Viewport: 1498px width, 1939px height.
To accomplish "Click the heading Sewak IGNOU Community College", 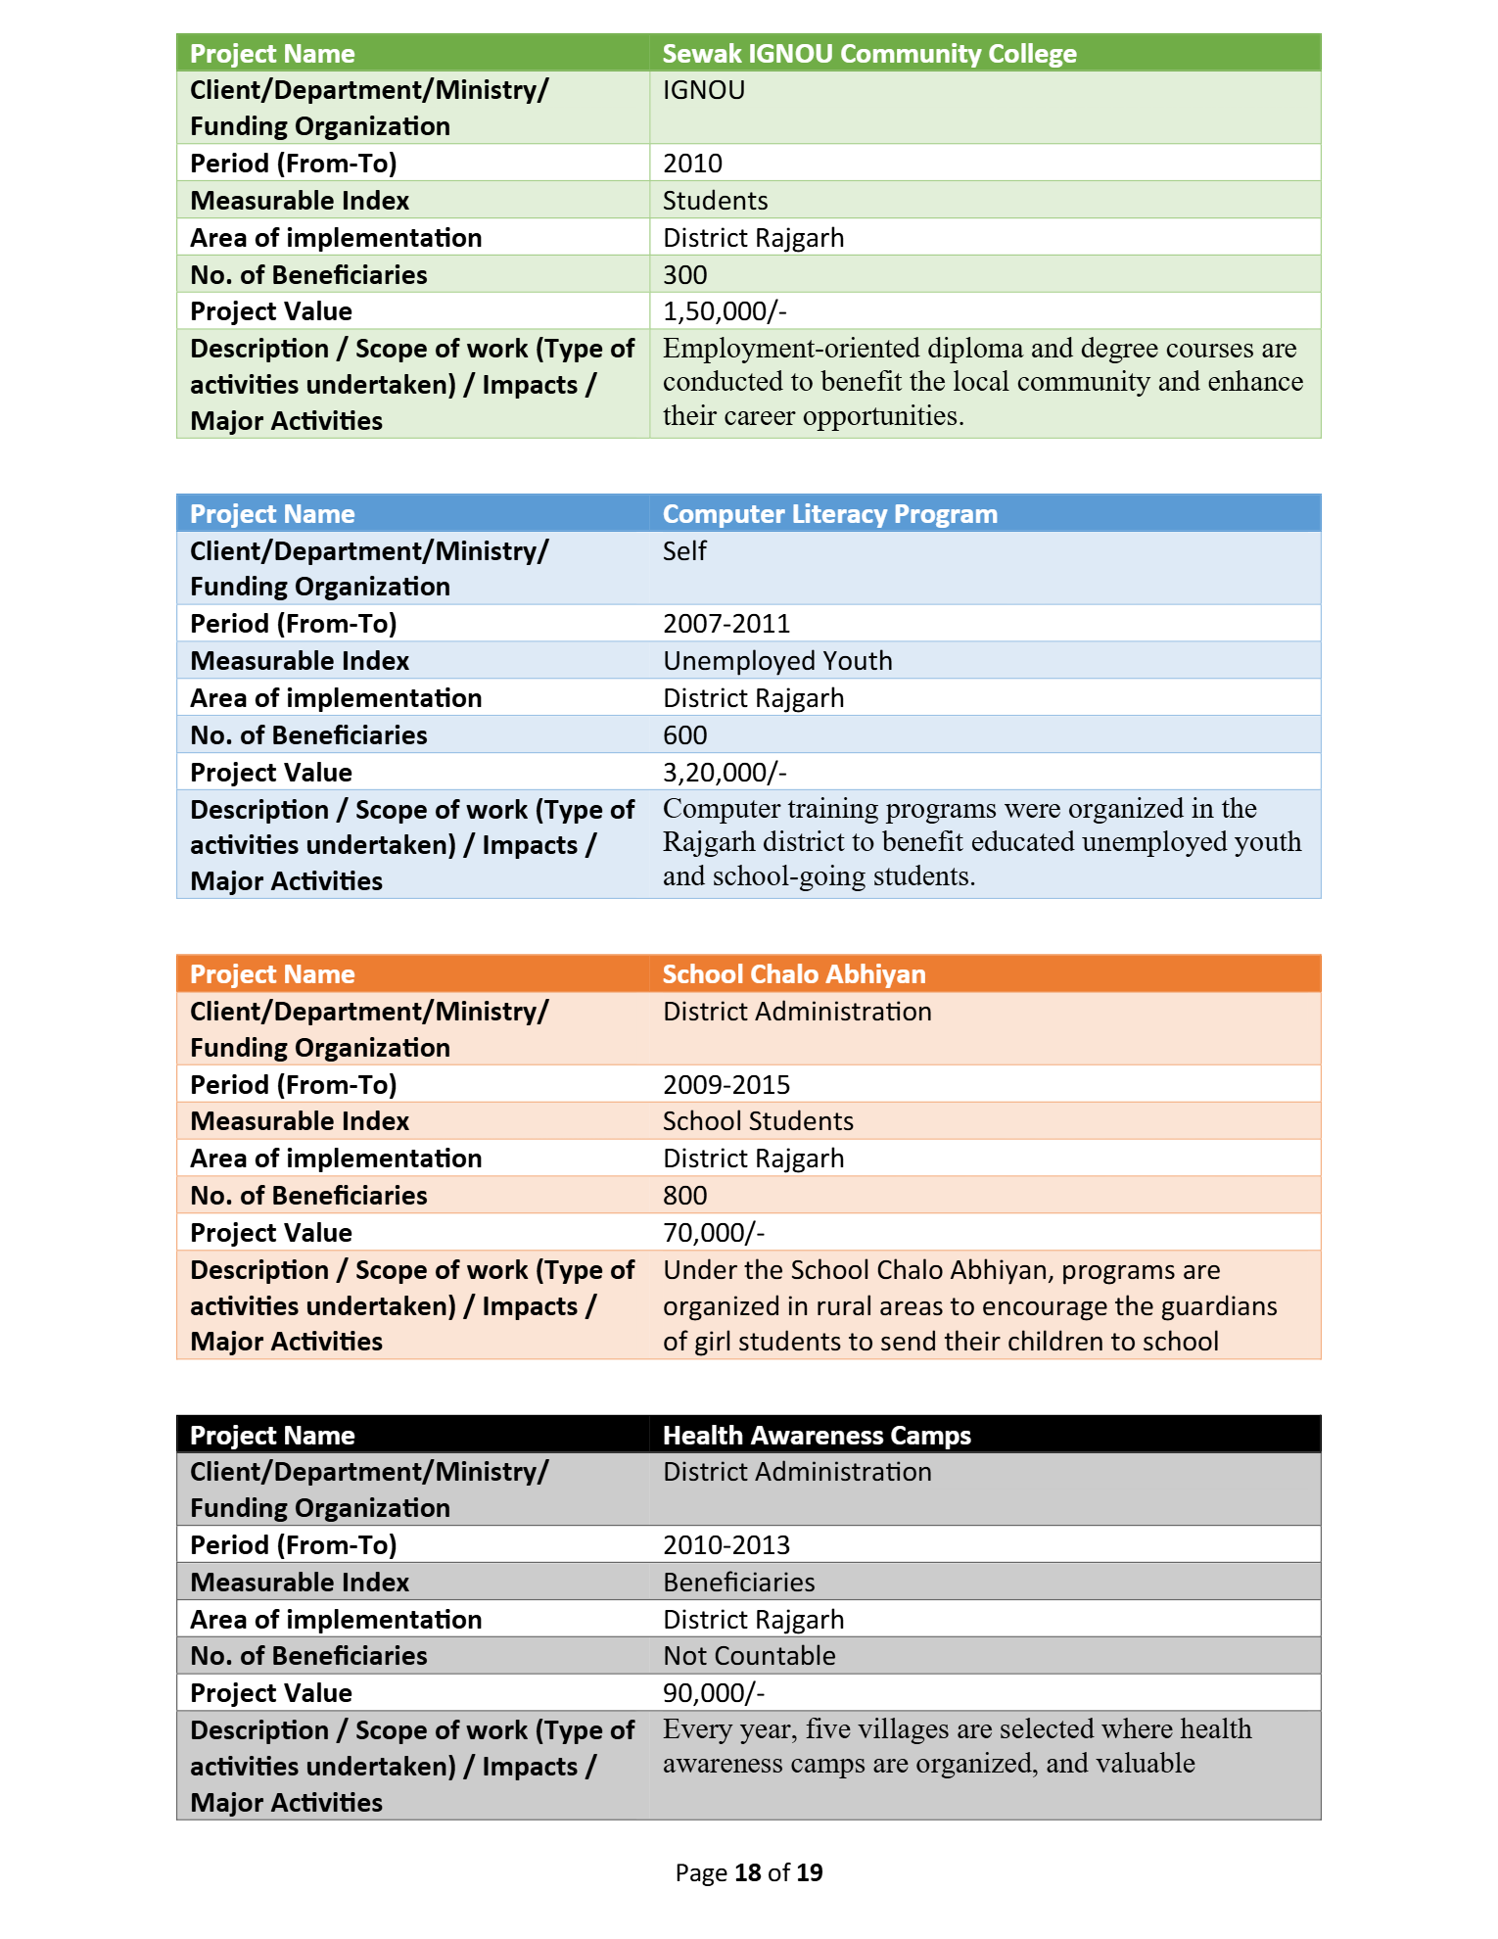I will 868,54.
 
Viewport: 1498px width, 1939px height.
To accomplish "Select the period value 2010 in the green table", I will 692,164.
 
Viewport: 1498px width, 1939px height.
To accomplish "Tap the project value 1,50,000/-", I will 725,311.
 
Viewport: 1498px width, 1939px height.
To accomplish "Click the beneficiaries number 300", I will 684,275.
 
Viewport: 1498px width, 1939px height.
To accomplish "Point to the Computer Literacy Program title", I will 829,514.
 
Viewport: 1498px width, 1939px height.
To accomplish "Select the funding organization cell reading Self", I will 684,551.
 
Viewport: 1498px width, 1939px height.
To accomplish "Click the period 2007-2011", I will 726,624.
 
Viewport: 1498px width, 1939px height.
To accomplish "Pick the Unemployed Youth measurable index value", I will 777,661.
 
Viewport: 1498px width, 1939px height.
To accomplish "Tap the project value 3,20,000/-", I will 725,773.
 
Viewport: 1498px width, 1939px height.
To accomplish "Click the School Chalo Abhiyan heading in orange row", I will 793,974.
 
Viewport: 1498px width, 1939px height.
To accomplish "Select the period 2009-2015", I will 726,1085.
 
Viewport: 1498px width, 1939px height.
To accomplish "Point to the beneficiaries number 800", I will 684,1196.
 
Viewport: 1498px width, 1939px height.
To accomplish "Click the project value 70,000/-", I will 714,1233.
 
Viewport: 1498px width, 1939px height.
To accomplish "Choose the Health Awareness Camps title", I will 817,1436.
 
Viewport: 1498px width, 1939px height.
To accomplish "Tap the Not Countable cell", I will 749,1656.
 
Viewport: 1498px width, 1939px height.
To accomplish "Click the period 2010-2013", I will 726,1545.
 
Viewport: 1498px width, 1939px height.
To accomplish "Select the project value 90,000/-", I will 714,1693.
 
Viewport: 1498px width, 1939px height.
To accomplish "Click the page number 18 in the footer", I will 747,1872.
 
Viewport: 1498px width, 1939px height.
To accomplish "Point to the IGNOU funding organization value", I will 703,90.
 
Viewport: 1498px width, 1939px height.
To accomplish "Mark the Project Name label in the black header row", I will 272,1436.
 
